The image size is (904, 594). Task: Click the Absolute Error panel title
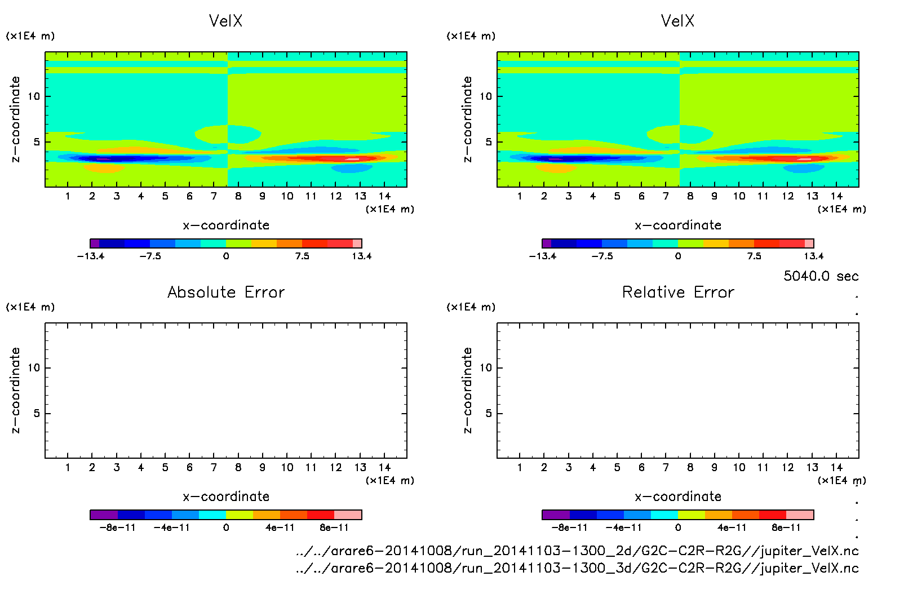(x=225, y=292)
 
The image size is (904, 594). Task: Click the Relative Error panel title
(x=677, y=292)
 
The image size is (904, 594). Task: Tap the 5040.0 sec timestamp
(x=821, y=276)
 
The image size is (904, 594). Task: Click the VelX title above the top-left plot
(x=225, y=21)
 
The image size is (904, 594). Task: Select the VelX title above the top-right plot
(x=677, y=21)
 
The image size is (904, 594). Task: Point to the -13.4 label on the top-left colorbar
(x=91, y=256)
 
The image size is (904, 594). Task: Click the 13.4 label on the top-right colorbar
(x=813, y=256)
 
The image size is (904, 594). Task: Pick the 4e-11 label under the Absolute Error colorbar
(x=280, y=527)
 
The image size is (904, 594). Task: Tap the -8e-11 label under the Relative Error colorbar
(x=569, y=527)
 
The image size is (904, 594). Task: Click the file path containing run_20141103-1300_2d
(x=577, y=551)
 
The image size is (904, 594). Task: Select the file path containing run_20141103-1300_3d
(x=577, y=568)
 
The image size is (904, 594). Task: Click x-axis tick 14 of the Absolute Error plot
(x=384, y=467)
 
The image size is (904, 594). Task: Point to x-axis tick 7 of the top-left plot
(x=214, y=196)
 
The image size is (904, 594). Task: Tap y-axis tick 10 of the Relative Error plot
(x=486, y=367)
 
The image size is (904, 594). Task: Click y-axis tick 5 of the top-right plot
(x=489, y=142)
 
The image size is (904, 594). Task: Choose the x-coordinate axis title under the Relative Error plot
(x=677, y=497)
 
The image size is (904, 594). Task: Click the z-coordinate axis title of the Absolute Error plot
(x=15, y=390)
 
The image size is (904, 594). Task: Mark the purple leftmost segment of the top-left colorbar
(x=95, y=243)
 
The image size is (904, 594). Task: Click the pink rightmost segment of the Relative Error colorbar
(x=800, y=515)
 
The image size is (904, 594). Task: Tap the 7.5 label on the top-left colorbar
(x=302, y=256)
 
